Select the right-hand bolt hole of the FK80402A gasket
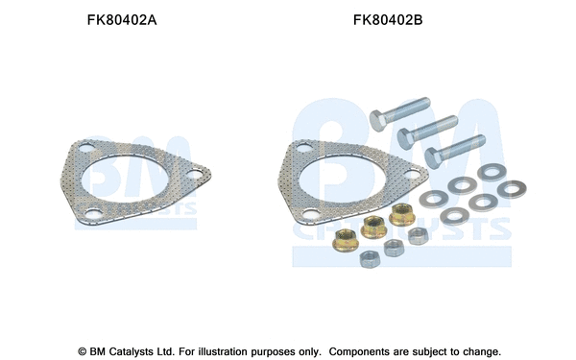[195, 174]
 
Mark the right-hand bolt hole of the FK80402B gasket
[414, 175]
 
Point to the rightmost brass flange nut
[400, 213]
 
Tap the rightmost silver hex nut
[416, 235]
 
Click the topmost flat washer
[492, 173]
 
